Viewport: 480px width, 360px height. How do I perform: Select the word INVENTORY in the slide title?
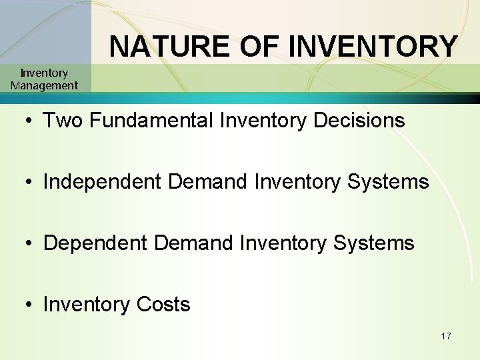[x=373, y=47]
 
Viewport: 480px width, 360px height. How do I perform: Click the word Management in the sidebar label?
[x=44, y=85]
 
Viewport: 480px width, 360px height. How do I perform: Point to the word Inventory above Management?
[x=44, y=73]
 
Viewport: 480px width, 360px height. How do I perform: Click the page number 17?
[x=446, y=336]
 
